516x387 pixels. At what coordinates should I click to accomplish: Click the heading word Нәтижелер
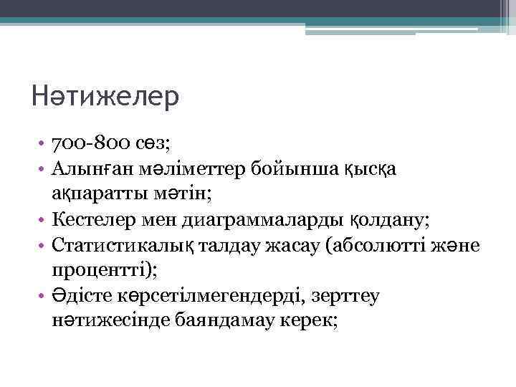(x=105, y=97)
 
